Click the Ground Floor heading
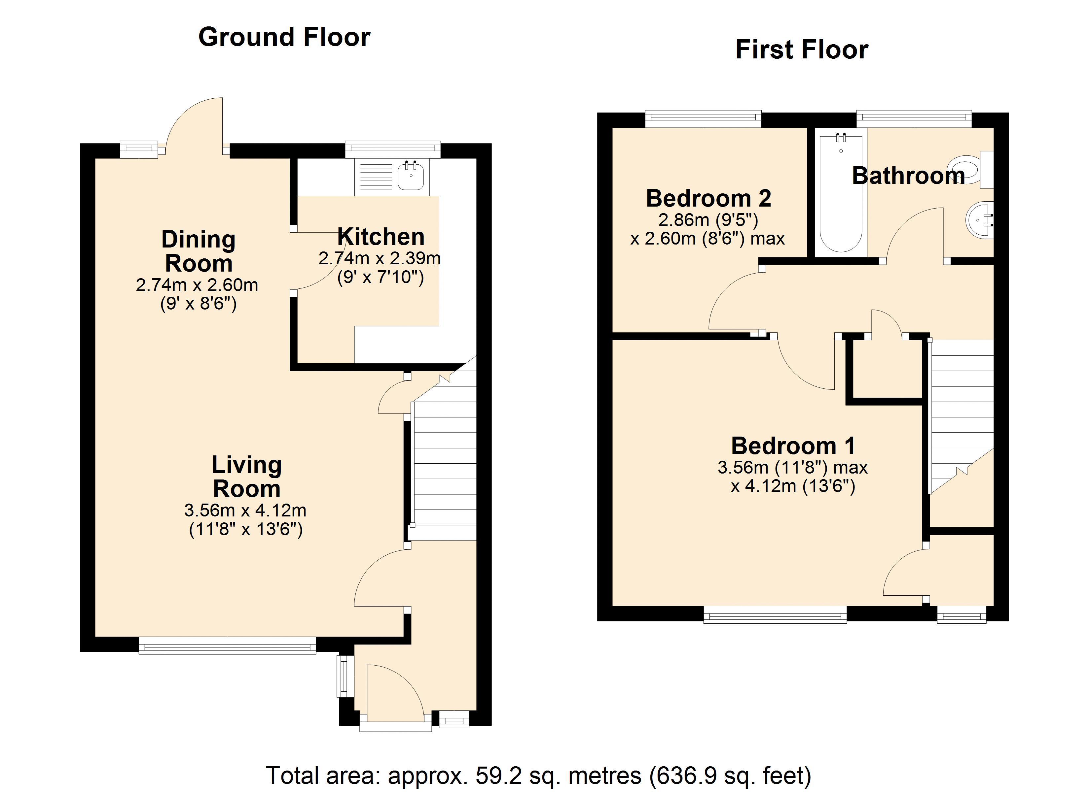tap(284, 37)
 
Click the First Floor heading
tap(802, 49)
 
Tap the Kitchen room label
tap(381, 237)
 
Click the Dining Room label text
tap(198, 251)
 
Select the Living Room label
tap(246, 477)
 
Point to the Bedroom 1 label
tap(793, 446)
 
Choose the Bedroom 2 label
tap(708, 198)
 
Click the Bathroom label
tap(908, 176)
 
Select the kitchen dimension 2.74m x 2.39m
tap(380, 258)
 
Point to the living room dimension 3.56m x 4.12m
tap(245, 510)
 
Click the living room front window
tap(227, 645)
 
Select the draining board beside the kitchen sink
tap(376, 176)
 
